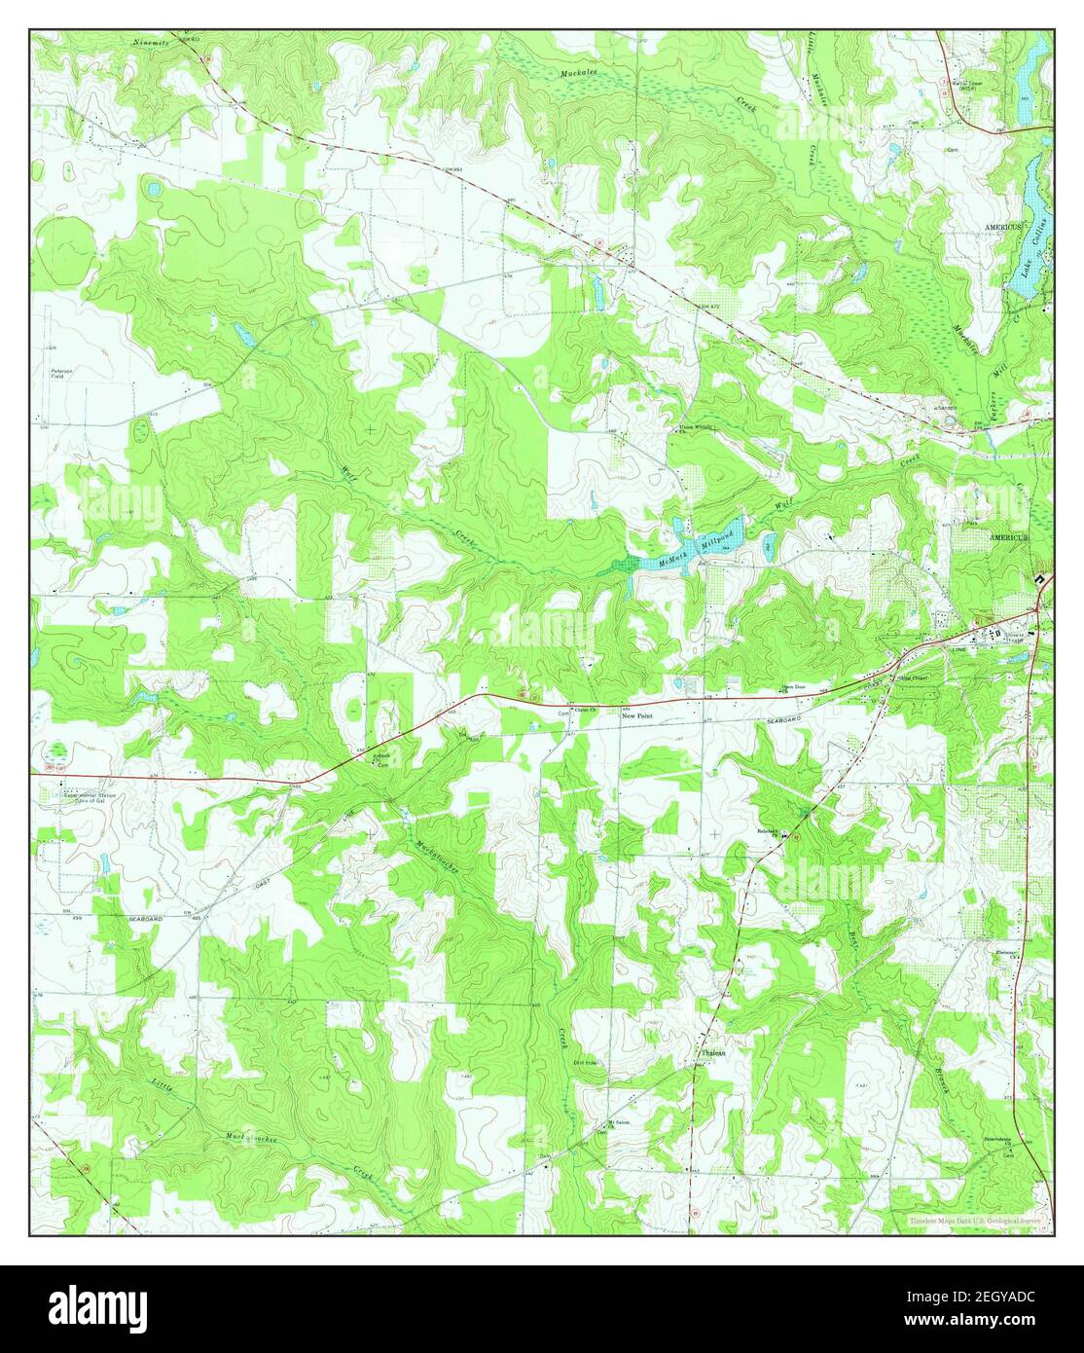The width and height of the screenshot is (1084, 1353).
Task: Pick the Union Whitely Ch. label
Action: click(x=695, y=427)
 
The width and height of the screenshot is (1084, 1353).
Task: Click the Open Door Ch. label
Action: click(x=797, y=686)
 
